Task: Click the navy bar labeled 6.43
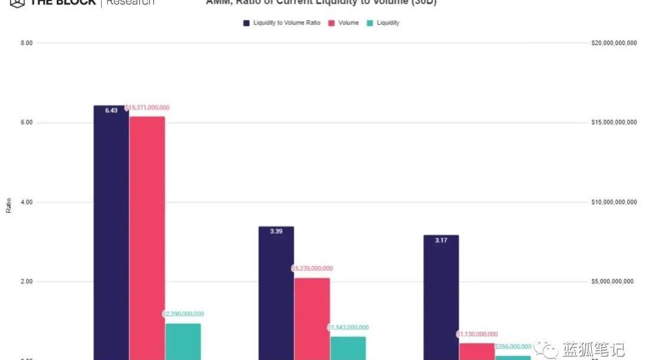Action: pos(111,233)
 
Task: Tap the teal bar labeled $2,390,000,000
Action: pos(183,341)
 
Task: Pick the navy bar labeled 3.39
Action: pos(276,293)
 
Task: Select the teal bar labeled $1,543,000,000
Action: pos(348,348)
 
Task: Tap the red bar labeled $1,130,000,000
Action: pos(477,351)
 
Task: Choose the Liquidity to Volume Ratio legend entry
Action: pos(282,23)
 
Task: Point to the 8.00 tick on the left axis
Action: pos(26,43)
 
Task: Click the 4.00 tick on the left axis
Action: pos(26,202)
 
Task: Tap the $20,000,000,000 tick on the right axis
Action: pos(613,43)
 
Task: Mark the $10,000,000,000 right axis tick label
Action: pos(613,202)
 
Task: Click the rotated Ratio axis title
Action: pos(8,206)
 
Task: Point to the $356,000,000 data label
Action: pos(513,346)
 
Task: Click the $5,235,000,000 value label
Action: pos(312,269)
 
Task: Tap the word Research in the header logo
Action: pos(130,2)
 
